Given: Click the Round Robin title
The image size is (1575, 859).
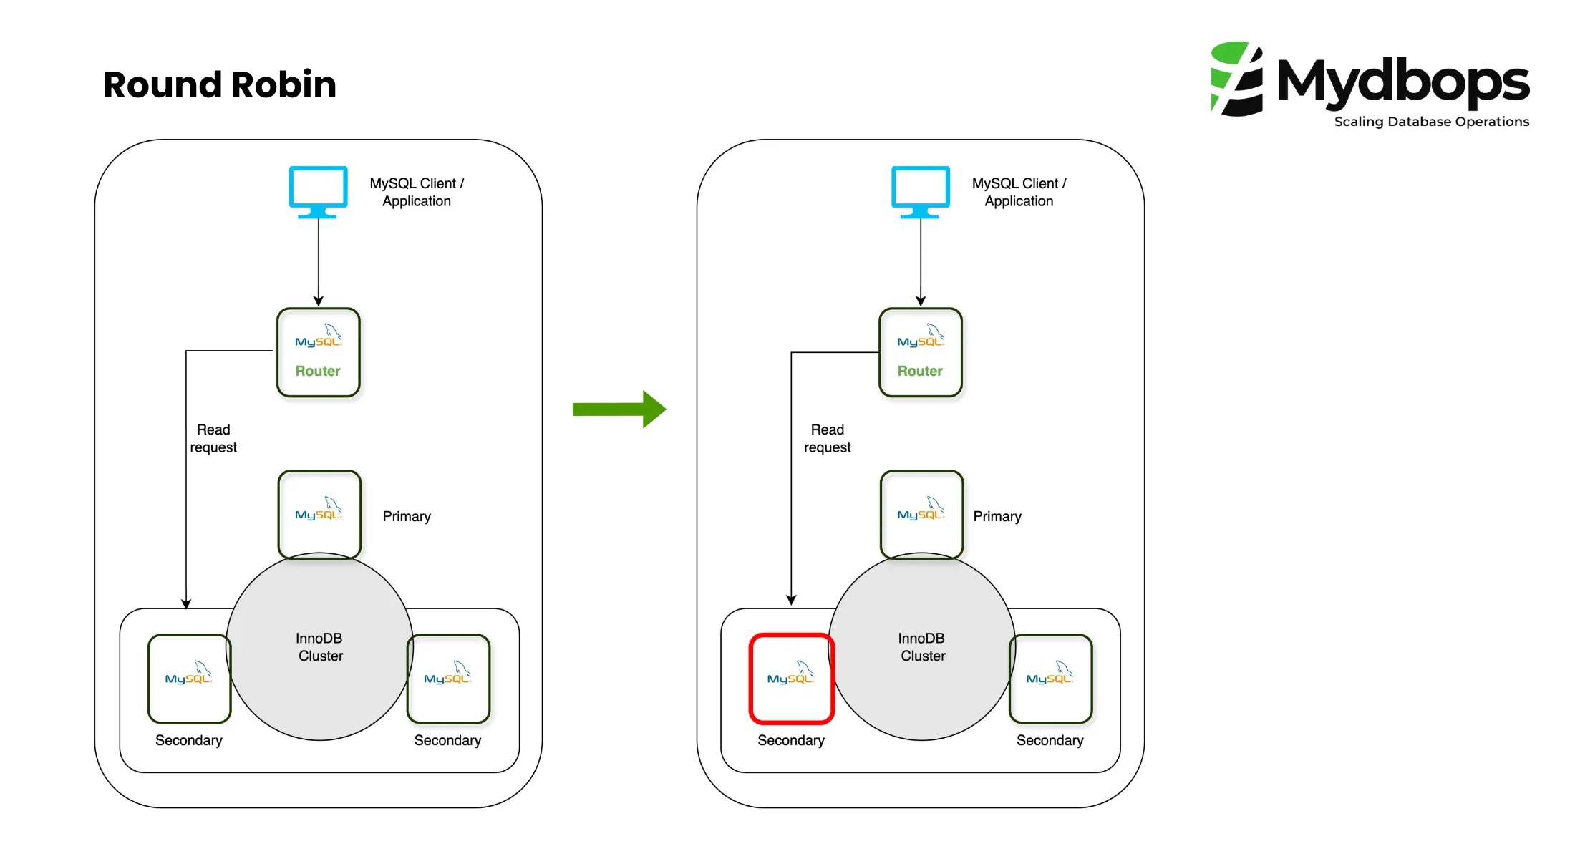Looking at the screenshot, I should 219,85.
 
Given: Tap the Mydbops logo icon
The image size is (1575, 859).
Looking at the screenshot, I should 1236,79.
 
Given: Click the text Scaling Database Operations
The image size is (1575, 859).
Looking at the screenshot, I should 1431,122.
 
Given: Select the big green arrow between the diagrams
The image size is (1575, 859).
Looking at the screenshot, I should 619,409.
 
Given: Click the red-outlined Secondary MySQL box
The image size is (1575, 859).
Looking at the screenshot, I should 791,679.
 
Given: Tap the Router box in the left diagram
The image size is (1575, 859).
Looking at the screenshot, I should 319,352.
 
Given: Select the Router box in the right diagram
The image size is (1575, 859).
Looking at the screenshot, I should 921,352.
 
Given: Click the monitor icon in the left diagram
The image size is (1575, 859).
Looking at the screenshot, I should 319,190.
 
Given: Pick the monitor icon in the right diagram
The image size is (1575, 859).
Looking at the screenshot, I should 921,190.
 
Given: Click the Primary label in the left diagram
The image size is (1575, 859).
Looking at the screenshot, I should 407,516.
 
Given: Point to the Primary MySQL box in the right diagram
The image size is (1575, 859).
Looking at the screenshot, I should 921,513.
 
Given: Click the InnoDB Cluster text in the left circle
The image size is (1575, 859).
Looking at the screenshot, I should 320,647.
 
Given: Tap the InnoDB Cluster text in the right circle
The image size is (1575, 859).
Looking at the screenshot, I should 922,647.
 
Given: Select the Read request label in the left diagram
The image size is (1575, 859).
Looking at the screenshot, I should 213,438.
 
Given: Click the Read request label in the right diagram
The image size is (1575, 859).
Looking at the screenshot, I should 828,438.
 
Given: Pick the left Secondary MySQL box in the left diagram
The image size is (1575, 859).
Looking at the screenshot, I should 189,679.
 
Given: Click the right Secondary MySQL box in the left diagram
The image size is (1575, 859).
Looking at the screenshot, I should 448,679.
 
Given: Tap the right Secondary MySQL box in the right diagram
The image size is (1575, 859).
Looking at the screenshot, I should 1050,679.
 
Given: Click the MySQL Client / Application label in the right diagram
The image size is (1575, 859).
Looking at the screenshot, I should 1019,192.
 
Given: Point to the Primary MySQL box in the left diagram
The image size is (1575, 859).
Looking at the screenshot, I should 319,513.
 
